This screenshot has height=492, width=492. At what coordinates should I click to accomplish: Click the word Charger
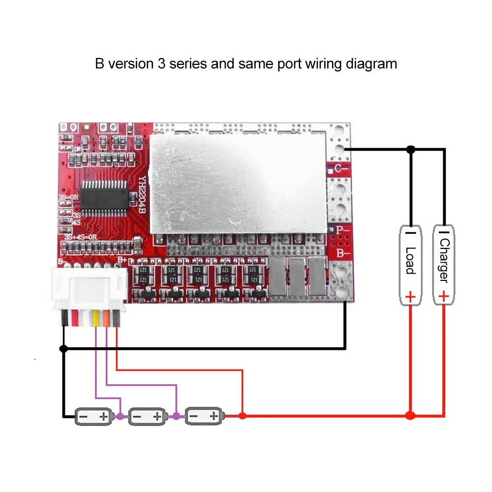click(444, 261)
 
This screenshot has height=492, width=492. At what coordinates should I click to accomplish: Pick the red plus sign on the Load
click(410, 297)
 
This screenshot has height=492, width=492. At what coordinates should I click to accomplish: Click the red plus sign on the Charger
click(444, 296)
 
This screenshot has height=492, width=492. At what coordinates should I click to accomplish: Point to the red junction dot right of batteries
click(242, 416)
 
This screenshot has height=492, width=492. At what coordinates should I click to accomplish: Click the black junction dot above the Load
click(411, 149)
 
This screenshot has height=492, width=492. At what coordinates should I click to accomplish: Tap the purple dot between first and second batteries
click(121, 416)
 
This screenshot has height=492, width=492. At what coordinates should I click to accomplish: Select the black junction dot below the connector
click(63, 348)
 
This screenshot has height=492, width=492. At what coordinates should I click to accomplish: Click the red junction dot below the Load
click(410, 416)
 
